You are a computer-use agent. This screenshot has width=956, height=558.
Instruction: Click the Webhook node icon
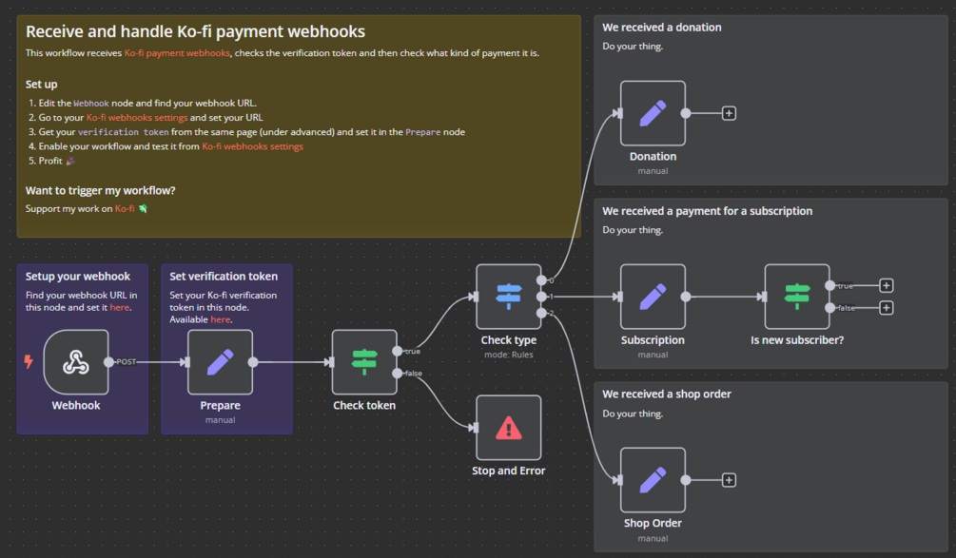pyautogui.click(x=76, y=362)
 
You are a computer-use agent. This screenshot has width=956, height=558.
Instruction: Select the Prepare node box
pyautogui.click(x=220, y=362)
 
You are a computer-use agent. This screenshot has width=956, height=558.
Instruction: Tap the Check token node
pyautogui.click(x=364, y=362)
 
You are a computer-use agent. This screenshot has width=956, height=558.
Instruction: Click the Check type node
pyautogui.click(x=508, y=297)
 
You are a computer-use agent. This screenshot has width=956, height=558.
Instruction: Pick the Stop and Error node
pyautogui.click(x=508, y=428)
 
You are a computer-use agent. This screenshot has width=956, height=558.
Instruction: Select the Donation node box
pyautogui.click(x=653, y=113)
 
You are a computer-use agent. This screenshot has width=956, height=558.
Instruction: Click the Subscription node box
pyautogui.click(x=653, y=297)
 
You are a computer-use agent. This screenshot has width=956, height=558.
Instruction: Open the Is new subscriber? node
pyautogui.click(x=797, y=297)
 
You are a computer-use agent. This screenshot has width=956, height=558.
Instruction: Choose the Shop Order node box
pyautogui.click(x=653, y=480)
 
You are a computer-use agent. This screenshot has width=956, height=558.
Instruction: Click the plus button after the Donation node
pyautogui.click(x=729, y=113)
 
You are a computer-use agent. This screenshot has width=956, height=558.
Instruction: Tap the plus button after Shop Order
pyautogui.click(x=729, y=480)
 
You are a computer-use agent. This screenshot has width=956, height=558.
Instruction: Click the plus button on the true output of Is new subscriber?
pyautogui.click(x=887, y=285)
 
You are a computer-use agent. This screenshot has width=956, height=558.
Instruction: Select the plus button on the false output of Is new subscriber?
pyautogui.click(x=887, y=308)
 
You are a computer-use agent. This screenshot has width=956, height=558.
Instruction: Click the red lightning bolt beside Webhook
pyautogui.click(x=29, y=362)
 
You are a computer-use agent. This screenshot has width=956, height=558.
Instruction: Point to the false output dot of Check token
pyautogui.click(x=398, y=374)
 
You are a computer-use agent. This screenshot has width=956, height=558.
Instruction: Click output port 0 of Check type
pyautogui.click(x=541, y=280)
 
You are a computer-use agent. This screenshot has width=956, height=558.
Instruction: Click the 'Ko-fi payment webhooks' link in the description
pyautogui.click(x=177, y=53)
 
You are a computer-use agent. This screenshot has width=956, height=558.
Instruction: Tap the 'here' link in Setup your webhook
pyautogui.click(x=119, y=308)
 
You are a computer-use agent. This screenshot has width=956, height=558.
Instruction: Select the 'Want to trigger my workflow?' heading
pyautogui.click(x=101, y=190)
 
